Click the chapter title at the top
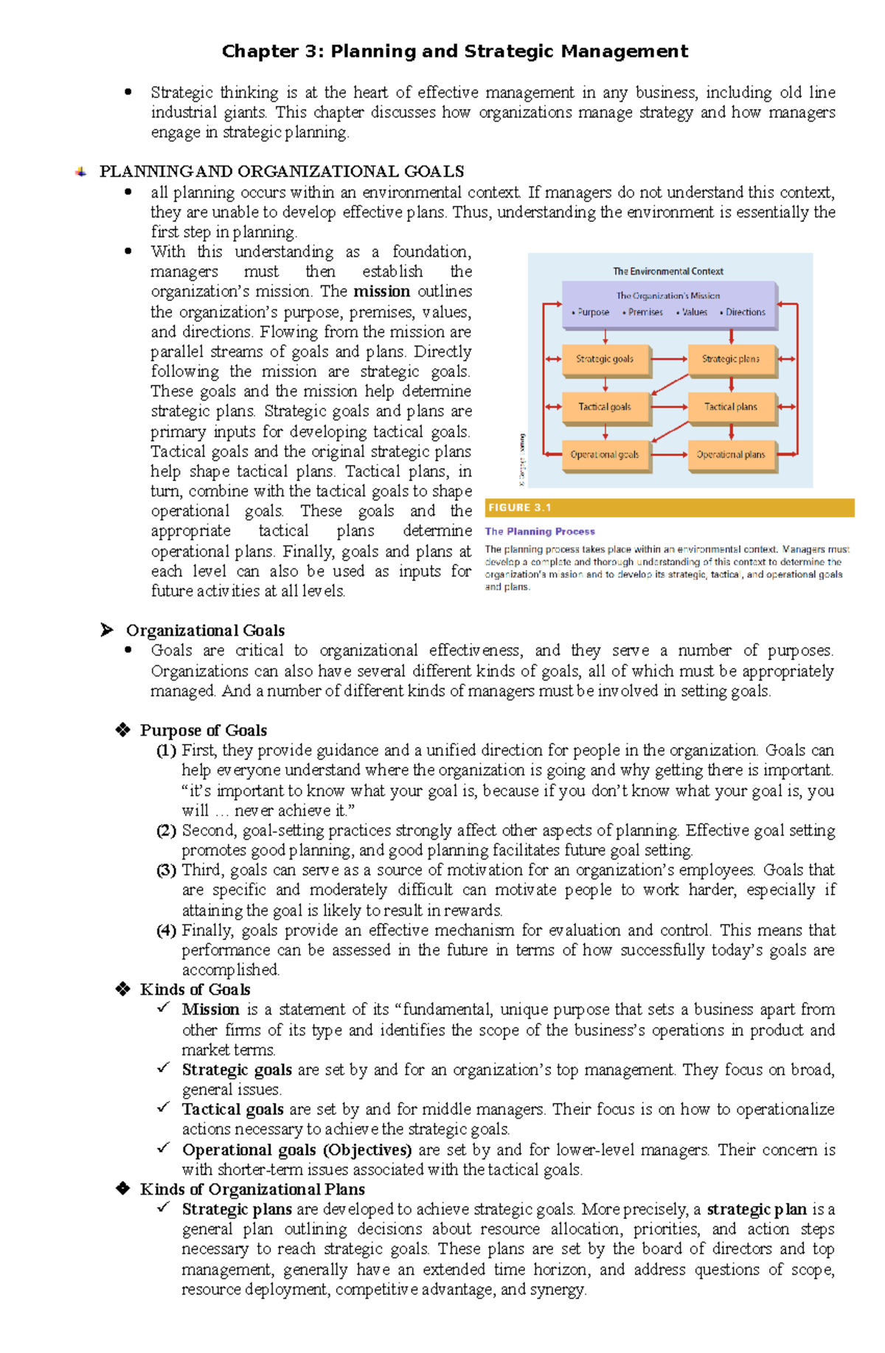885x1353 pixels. tap(455, 52)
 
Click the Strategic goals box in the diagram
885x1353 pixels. tap(605, 359)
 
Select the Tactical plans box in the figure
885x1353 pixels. tap(730, 407)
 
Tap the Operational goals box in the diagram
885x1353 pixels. tap(605, 455)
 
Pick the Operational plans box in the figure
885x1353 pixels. tap(730, 455)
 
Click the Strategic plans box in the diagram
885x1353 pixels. tap(730, 359)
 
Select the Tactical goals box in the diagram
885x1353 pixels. tap(605, 407)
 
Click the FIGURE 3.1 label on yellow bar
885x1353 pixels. tap(520, 508)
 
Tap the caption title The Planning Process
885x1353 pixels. tap(540, 532)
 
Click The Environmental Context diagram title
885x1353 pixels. tap(668, 271)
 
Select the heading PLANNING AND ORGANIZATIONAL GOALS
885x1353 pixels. tap(282, 172)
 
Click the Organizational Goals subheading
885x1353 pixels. tap(205, 630)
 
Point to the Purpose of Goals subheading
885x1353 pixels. tap(204, 731)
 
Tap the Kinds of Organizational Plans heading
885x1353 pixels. tap(252, 1189)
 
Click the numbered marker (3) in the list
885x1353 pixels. tap(166, 870)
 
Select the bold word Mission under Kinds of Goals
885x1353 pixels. tap(211, 1009)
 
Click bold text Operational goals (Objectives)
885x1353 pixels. tap(296, 1150)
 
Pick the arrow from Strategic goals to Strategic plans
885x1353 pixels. tap(669, 359)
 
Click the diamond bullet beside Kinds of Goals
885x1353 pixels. tap(123, 989)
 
